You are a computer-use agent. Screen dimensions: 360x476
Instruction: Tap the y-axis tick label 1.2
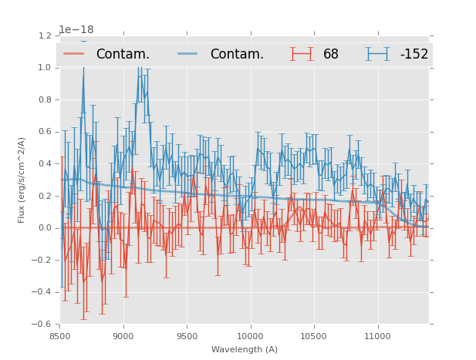click(x=46, y=35)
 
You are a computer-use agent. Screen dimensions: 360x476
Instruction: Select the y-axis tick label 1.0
click(x=46, y=68)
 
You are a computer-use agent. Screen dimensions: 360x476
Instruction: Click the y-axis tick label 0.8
click(x=46, y=99)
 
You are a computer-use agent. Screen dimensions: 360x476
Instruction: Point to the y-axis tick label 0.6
click(x=46, y=132)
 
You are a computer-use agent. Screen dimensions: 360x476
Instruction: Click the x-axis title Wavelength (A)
click(x=245, y=349)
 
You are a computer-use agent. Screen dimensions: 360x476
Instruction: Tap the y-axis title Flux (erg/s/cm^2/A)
click(x=22, y=180)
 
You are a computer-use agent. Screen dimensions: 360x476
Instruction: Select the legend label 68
click(x=331, y=55)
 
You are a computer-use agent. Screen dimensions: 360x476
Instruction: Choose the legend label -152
click(x=414, y=55)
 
